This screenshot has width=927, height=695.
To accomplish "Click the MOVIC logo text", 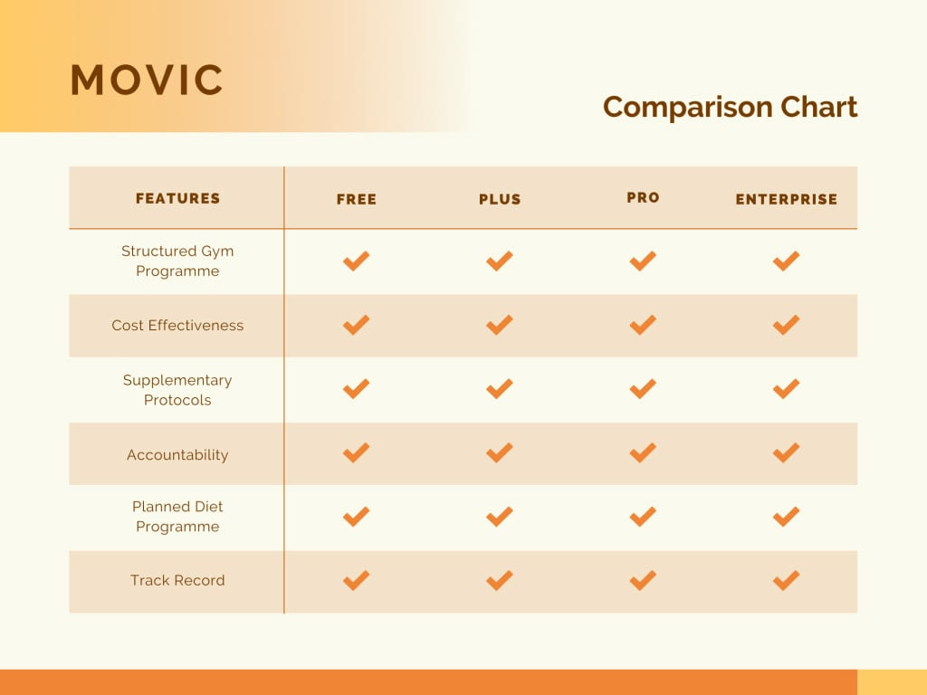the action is [147, 80].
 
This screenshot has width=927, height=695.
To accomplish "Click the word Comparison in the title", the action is [688, 108].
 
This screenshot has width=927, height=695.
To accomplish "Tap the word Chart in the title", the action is [818, 107].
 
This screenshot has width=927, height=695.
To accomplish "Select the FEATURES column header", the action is [177, 198].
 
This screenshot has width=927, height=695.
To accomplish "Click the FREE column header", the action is [357, 199].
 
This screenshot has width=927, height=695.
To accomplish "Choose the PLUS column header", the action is [500, 199].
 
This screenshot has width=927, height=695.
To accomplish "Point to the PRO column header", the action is [643, 197].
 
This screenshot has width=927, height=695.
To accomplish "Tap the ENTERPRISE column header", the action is [787, 199].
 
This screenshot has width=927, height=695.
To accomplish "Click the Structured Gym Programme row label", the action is [177, 261].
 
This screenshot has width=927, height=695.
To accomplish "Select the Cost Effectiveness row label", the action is [177, 325].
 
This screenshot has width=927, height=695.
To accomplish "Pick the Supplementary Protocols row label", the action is [177, 390].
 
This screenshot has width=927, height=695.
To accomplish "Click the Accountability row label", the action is [177, 454].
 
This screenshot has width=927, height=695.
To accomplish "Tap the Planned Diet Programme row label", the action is [177, 516].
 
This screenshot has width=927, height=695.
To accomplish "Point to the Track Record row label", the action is [177, 580].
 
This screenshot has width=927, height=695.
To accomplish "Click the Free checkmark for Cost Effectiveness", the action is [356, 325].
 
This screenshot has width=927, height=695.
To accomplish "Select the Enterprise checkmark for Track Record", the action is [786, 580].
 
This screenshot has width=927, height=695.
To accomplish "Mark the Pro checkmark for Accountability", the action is [643, 452].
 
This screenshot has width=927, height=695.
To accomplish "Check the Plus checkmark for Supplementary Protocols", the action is [500, 389].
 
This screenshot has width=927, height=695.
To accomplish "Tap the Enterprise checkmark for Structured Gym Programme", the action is [786, 262].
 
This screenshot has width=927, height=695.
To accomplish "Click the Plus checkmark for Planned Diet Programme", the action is [500, 517].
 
